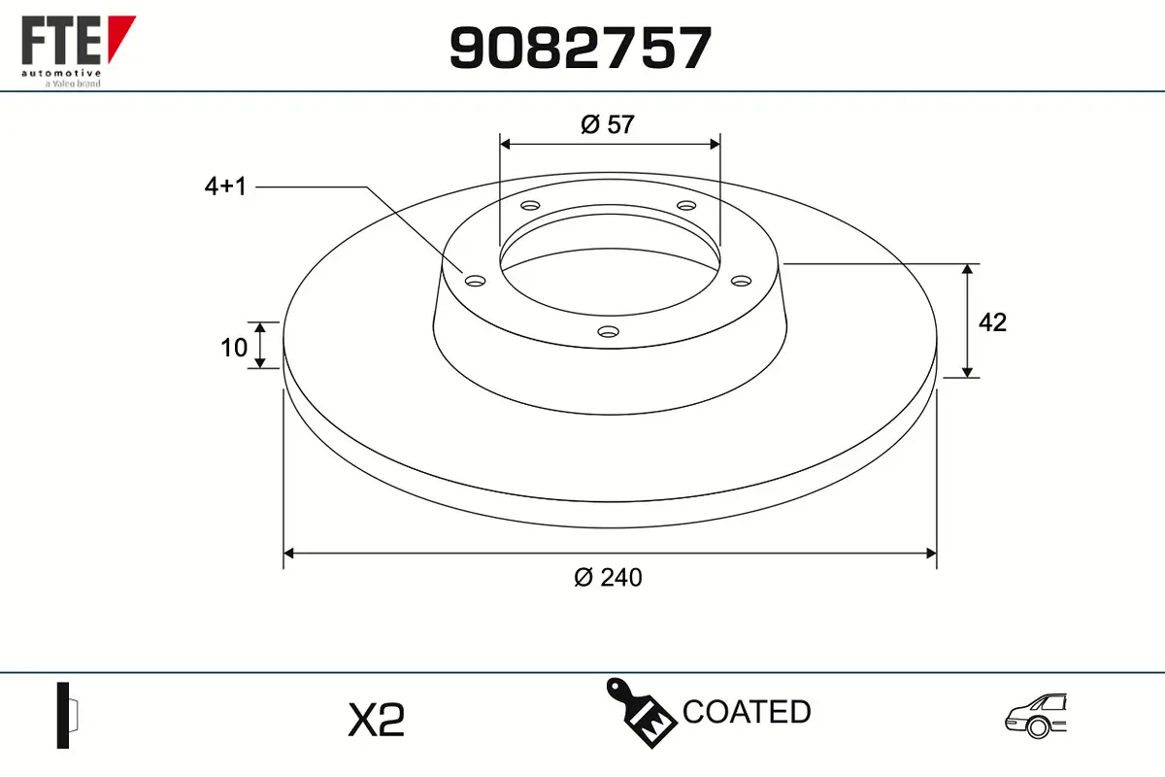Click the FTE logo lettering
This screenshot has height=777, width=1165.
(61, 41)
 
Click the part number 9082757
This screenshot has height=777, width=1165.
(581, 48)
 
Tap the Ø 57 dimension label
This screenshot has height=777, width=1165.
(608, 125)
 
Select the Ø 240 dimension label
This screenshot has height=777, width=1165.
(608, 578)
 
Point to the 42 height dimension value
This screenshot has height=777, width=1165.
(992, 322)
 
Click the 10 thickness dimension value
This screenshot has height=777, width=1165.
(234, 348)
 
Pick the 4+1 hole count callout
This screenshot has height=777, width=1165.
(225, 186)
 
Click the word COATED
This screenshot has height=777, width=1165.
(747, 712)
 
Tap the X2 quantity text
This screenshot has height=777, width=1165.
(376, 720)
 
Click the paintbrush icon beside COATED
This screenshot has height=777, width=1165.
(642, 713)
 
